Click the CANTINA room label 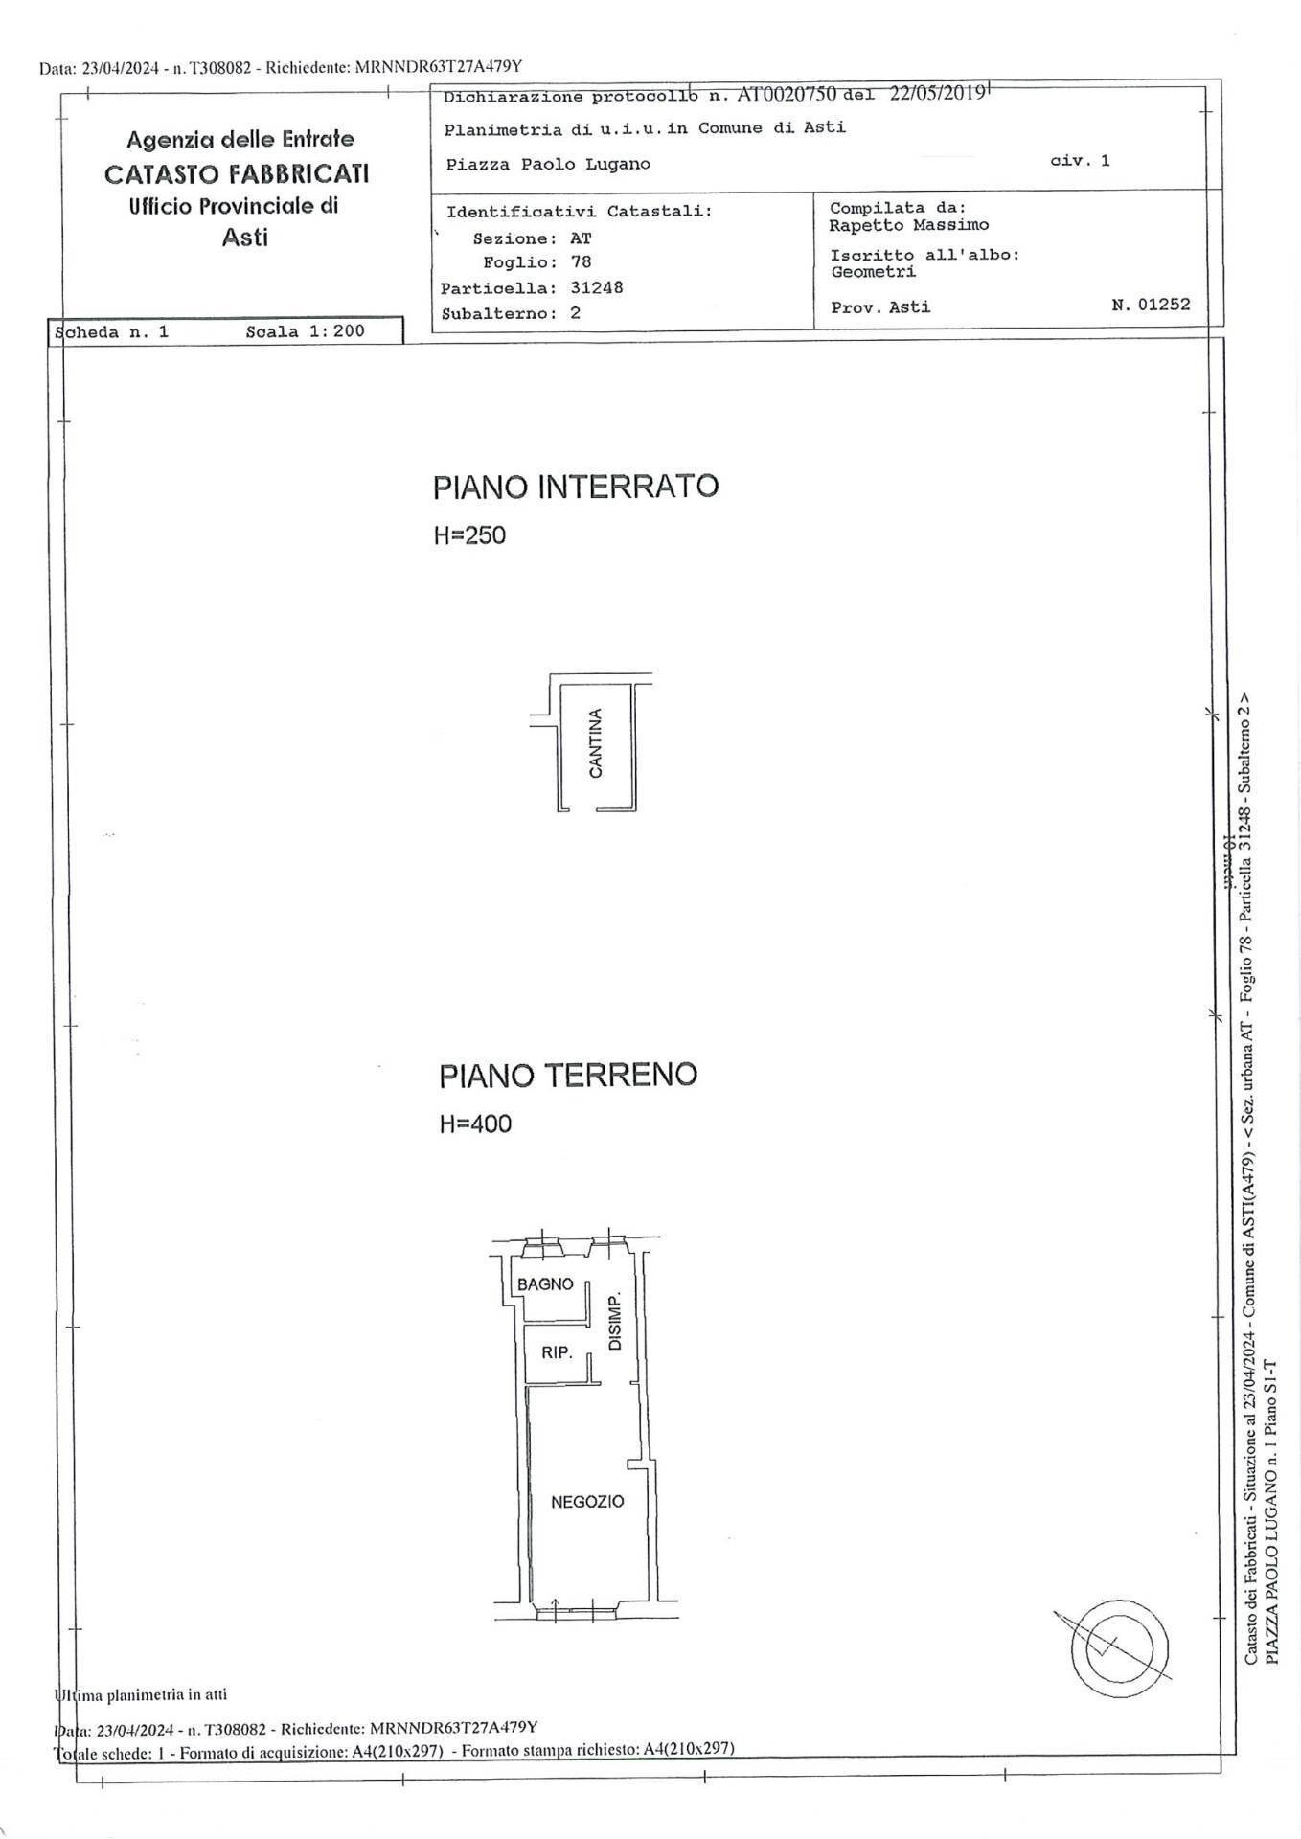(596, 743)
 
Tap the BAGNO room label (545, 1284)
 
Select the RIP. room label (557, 1353)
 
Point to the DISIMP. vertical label (615, 1322)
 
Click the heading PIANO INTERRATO (575, 487)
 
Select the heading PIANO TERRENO (568, 1075)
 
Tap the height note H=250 (469, 535)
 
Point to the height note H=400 (475, 1124)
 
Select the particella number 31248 (596, 287)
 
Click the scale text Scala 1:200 (305, 332)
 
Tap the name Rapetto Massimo (909, 225)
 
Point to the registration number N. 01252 (1151, 305)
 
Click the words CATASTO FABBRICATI (237, 174)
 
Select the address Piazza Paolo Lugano (548, 164)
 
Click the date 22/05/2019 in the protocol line (937, 94)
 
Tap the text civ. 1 (1080, 161)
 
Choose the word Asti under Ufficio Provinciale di (245, 238)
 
